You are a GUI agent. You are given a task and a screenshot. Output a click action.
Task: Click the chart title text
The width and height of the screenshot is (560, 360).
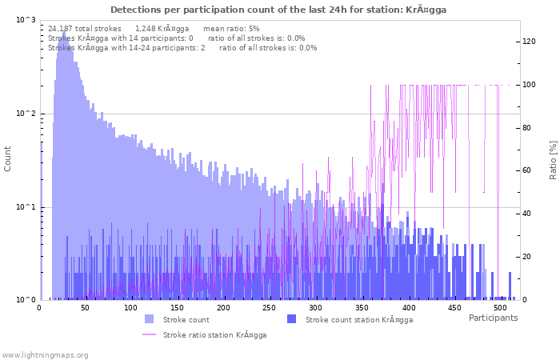coord(278,10)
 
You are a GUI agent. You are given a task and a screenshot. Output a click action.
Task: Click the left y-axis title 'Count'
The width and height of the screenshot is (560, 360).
coord(8,158)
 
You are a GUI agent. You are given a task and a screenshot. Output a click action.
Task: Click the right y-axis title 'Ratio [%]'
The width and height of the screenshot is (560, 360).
coord(552,159)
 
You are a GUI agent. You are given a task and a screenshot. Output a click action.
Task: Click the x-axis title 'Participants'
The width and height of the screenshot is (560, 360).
coord(493,318)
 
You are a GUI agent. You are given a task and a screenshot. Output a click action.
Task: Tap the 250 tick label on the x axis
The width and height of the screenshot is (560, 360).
coord(270,308)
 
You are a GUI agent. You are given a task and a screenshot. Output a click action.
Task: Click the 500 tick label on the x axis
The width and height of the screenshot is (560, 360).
coord(500,308)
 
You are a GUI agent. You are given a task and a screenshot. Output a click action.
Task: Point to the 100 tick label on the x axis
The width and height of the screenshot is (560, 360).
coord(131,308)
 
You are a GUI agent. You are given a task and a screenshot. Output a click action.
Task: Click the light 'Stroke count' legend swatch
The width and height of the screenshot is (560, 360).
coord(149,319)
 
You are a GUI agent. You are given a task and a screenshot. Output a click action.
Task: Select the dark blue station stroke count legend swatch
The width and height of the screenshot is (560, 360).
coord(291,319)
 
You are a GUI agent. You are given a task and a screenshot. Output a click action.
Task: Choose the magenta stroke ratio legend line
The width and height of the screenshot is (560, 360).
coord(149,334)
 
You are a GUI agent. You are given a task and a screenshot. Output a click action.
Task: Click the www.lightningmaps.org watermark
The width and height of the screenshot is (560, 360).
coord(46,354)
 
